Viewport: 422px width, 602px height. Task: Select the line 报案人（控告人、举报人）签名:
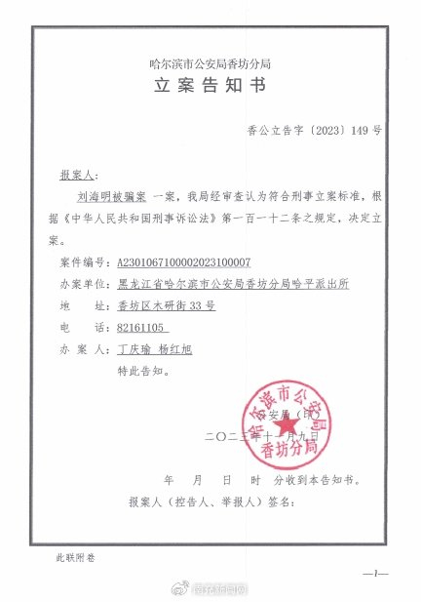211,502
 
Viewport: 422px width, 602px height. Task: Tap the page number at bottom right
377,574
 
